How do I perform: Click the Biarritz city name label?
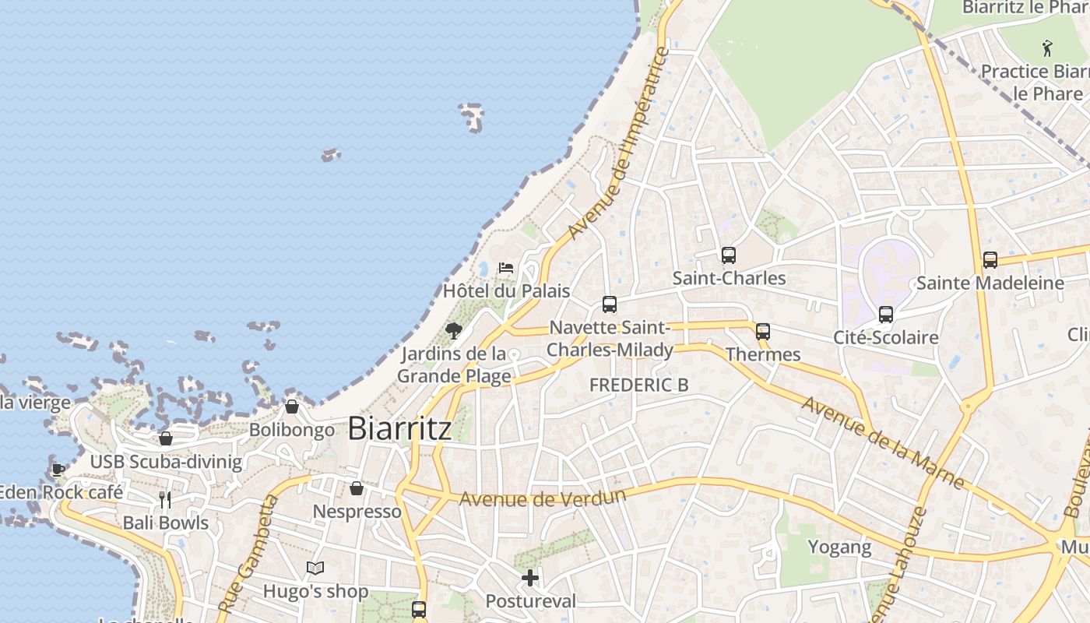(399, 428)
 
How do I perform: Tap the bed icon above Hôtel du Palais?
(506, 268)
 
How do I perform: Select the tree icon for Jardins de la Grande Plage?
(454, 331)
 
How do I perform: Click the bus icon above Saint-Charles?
(729, 255)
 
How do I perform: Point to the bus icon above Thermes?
(763, 331)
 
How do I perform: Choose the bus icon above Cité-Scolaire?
(886, 315)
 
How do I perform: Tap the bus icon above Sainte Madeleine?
(990, 260)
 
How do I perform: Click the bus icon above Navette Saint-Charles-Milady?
(610, 304)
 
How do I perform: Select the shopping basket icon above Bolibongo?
(292, 406)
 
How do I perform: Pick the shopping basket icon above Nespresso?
(357, 488)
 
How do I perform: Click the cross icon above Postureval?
(530, 578)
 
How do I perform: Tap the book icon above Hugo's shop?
(315, 568)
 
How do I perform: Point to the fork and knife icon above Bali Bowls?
(165, 499)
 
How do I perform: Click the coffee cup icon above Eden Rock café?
(58, 469)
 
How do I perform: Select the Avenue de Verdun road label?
(543, 498)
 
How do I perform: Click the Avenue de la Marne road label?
(883, 442)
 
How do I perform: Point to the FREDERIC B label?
(638, 385)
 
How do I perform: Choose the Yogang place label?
(839, 547)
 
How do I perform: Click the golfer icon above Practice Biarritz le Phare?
(1047, 48)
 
